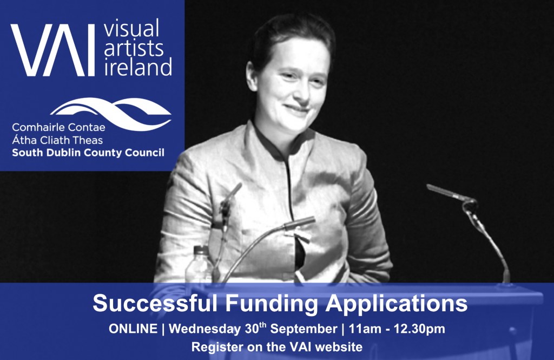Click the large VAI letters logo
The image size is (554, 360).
click(53, 50)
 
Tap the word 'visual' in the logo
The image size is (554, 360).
click(131, 28)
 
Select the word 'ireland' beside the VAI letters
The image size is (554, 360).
click(138, 67)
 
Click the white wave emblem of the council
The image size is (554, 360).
click(111, 113)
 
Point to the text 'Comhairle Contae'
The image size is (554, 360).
click(58, 127)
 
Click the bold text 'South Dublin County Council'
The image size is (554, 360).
click(88, 153)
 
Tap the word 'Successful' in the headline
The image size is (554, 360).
click(155, 303)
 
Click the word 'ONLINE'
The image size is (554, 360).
click(133, 329)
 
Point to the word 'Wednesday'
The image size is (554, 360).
click(205, 329)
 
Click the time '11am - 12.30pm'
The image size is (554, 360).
click(397, 329)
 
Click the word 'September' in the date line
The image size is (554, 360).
click(304, 329)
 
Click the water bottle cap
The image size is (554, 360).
click(201, 250)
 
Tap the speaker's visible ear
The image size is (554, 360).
click(252, 72)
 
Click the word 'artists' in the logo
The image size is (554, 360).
click(134, 48)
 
